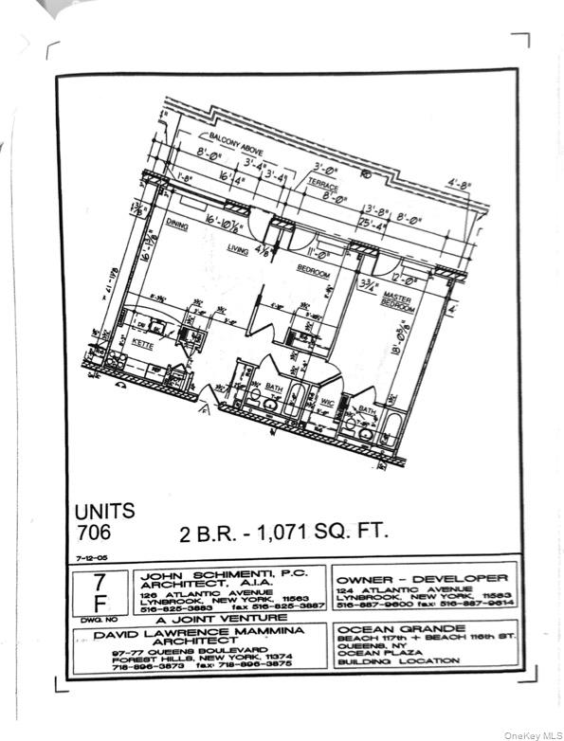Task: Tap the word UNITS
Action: [x=104, y=511]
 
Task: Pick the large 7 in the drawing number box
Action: [x=97, y=580]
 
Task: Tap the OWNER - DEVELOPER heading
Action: [x=422, y=577]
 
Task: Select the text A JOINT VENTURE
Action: [x=200, y=617]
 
